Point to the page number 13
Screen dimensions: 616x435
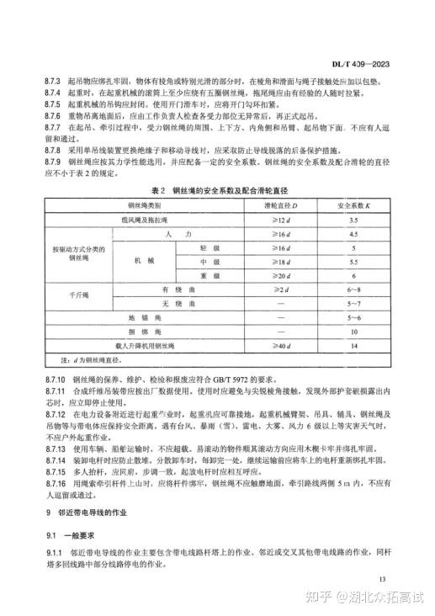coord(384,579)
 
